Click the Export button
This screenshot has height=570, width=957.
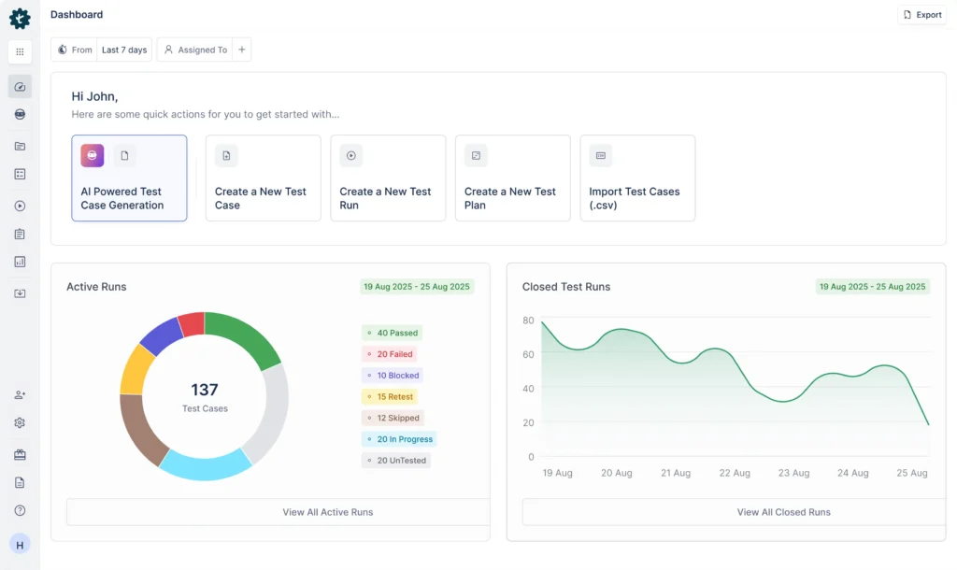point(921,15)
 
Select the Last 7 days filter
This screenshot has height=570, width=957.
point(124,50)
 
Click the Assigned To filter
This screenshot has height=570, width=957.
point(196,50)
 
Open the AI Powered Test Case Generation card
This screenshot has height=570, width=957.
point(129,178)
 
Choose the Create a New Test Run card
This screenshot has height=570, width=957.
point(388,178)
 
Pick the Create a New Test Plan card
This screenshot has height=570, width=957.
point(512,178)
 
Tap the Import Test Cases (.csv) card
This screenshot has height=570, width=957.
point(637,178)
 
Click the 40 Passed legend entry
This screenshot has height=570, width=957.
point(393,333)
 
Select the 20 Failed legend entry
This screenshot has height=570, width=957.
point(390,354)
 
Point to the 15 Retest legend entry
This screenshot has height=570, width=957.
point(390,397)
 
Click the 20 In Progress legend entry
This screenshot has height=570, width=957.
point(399,439)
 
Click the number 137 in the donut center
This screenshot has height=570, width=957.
point(204,390)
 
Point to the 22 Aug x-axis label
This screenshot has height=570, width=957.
point(735,473)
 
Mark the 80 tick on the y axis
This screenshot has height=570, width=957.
point(528,321)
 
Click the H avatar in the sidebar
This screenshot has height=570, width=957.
point(20,544)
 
